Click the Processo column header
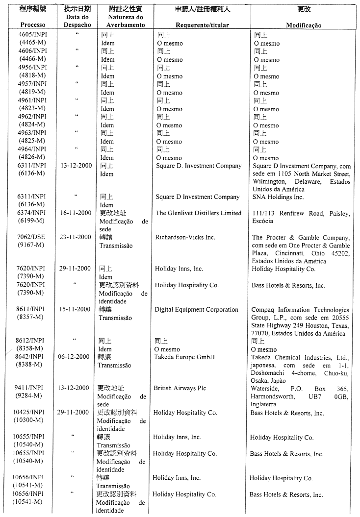click(33, 25)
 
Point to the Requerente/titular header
click(202, 25)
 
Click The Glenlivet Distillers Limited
click(199, 213)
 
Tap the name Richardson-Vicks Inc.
click(185, 237)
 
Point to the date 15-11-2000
click(74, 309)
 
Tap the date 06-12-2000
click(74, 357)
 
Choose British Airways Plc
click(180, 389)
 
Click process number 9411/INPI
click(30, 388)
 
